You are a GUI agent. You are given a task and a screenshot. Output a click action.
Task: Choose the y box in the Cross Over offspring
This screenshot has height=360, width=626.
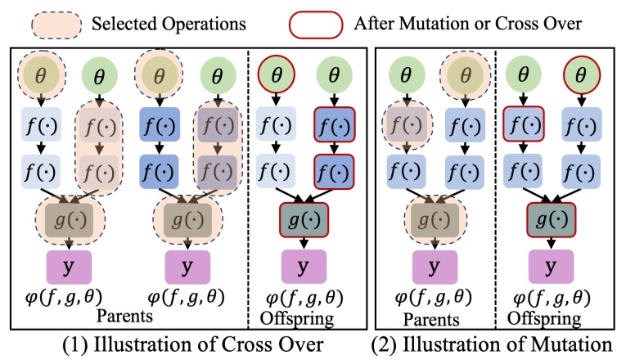click(304, 266)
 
